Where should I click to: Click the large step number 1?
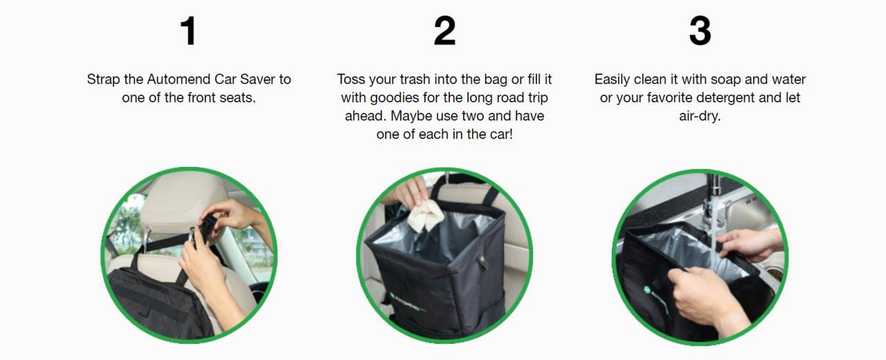click(189, 31)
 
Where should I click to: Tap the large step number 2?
click(444, 31)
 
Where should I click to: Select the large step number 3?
click(700, 31)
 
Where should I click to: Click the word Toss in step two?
click(351, 79)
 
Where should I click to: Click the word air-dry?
click(700, 116)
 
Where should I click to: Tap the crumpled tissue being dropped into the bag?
click(426, 215)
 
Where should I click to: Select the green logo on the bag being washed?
click(647, 290)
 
